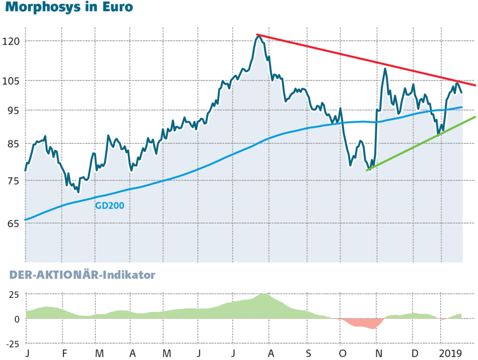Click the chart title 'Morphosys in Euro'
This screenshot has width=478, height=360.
(69, 8)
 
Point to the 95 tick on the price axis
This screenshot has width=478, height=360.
(12, 110)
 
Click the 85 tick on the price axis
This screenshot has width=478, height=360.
(12, 144)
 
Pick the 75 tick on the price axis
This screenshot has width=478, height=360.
(12, 181)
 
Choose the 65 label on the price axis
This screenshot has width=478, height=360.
(12, 223)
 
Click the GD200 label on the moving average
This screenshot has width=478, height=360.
(110, 206)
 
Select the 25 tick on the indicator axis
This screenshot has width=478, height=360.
(13, 294)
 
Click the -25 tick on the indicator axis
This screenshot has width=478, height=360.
(11, 343)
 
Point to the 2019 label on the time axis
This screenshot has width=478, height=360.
(451, 353)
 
